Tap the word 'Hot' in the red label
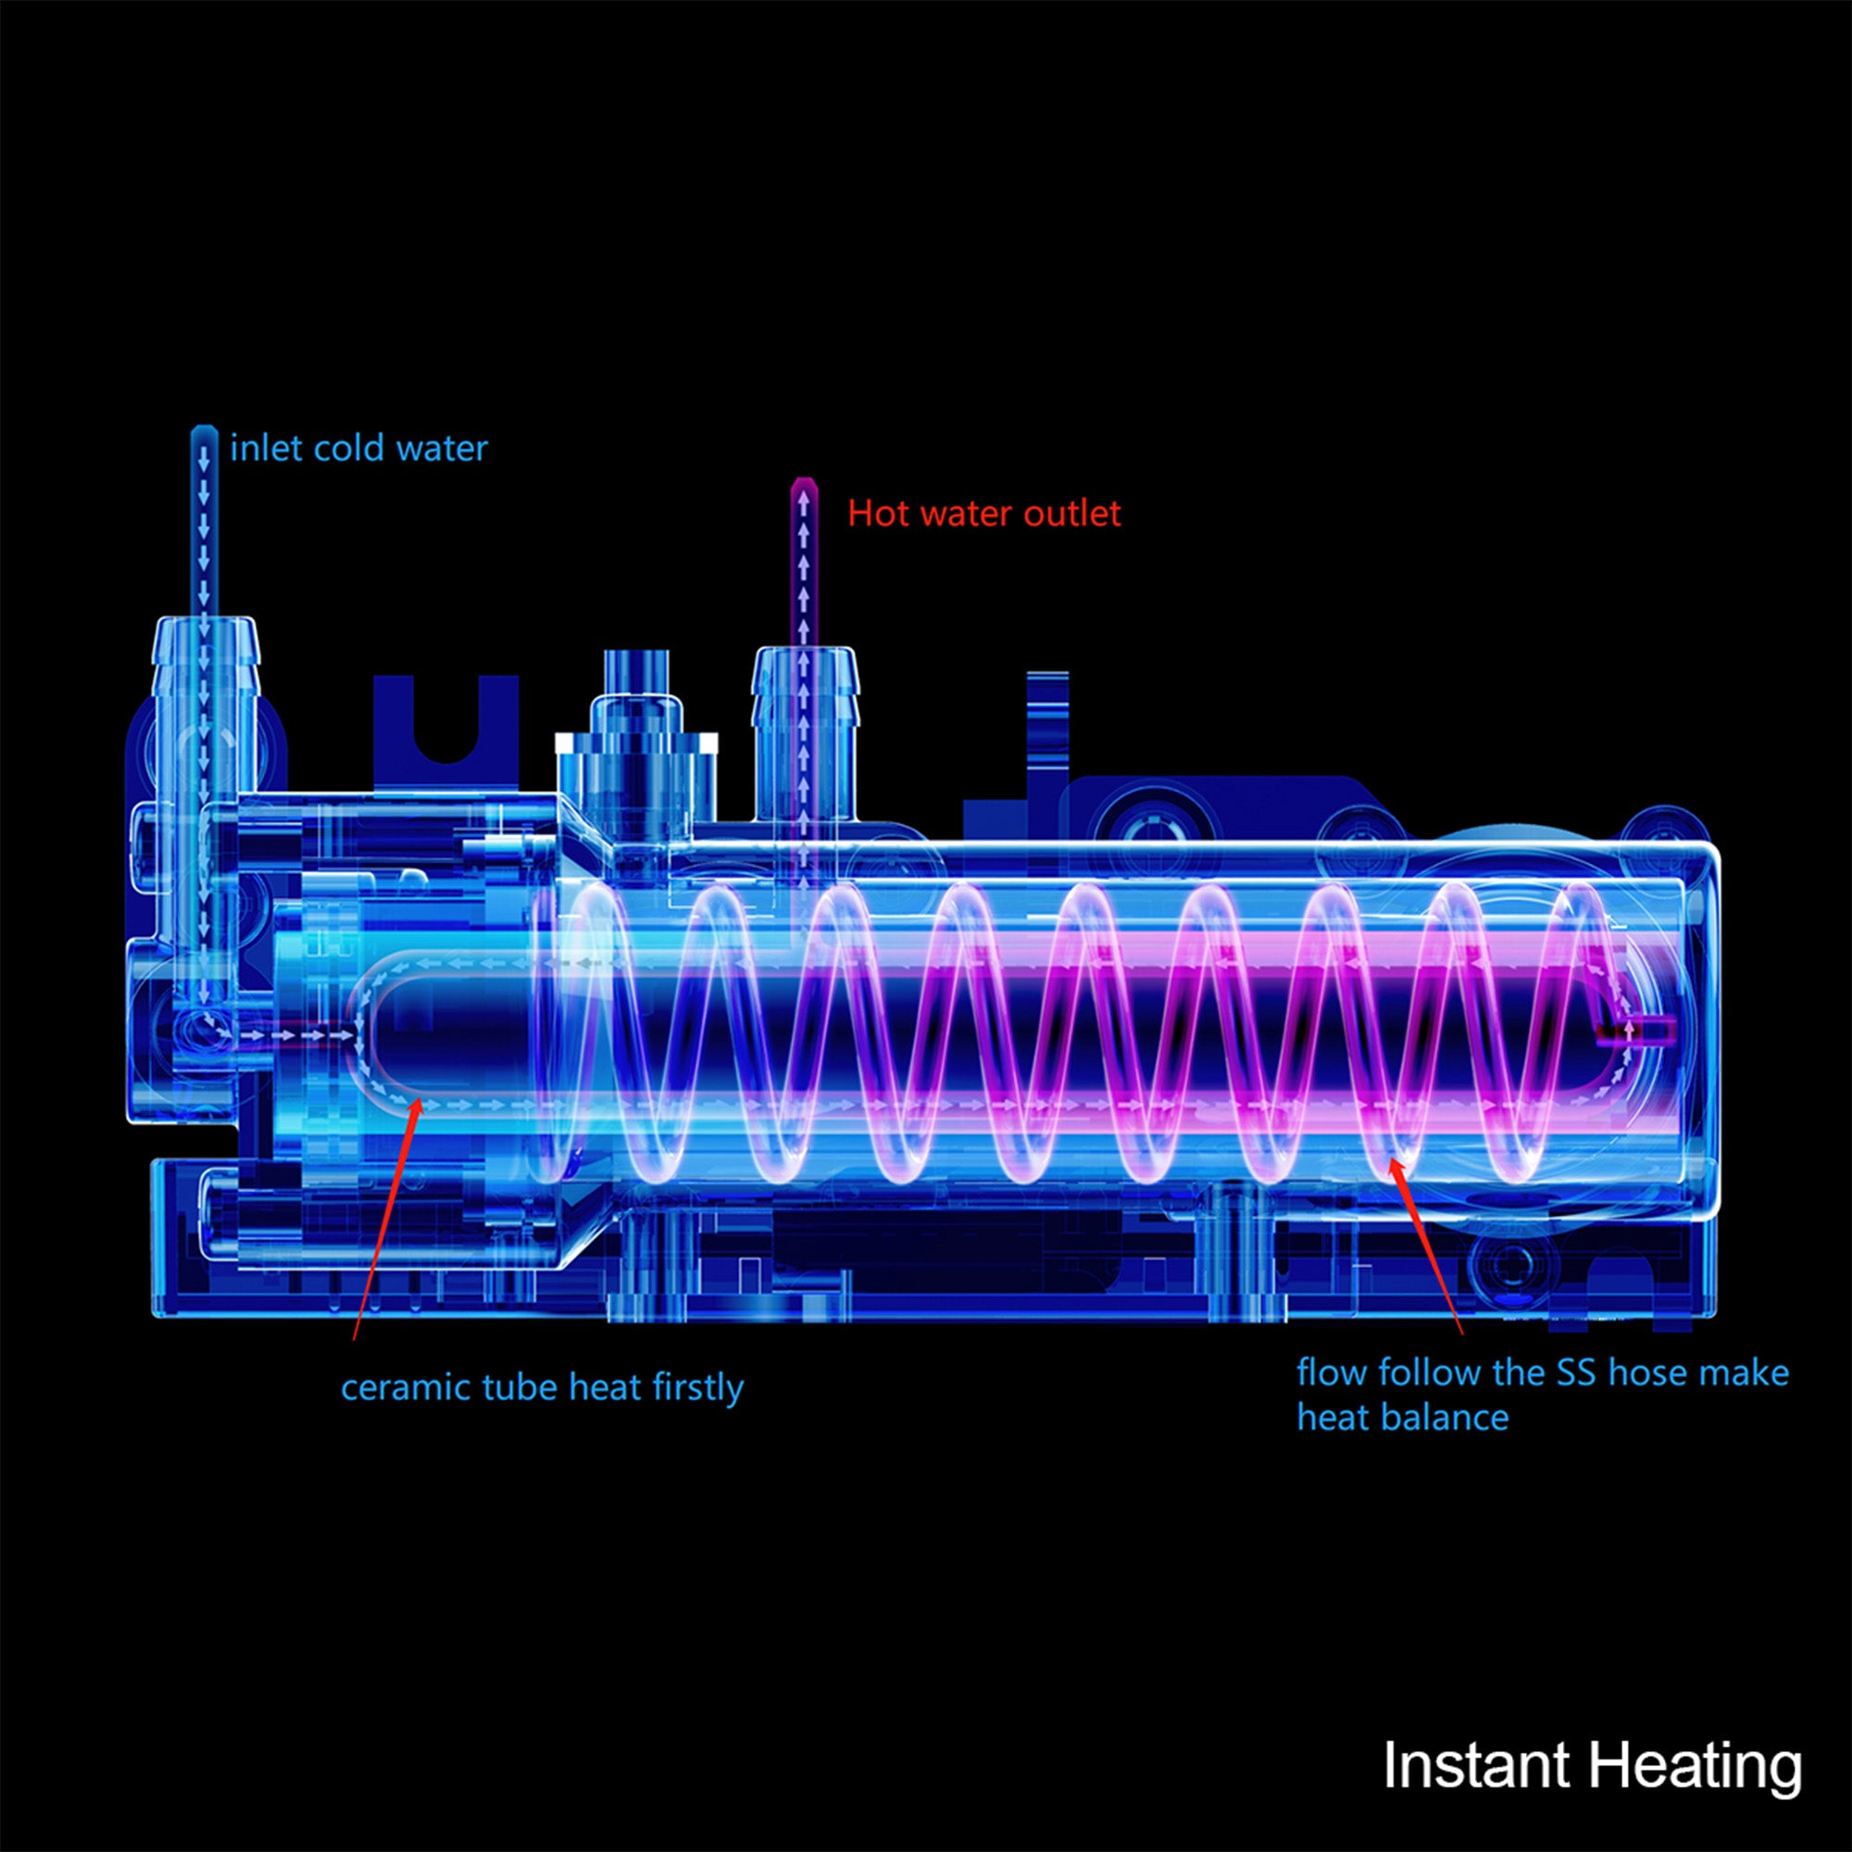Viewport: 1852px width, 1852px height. [x=872, y=514]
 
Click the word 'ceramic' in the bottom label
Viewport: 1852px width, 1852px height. [x=401, y=1387]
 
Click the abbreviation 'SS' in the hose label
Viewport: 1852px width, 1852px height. [x=1575, y=1372]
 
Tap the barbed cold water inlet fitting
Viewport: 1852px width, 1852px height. [x=206, y=671]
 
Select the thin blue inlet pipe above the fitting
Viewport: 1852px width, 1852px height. [x=202, y=518]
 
